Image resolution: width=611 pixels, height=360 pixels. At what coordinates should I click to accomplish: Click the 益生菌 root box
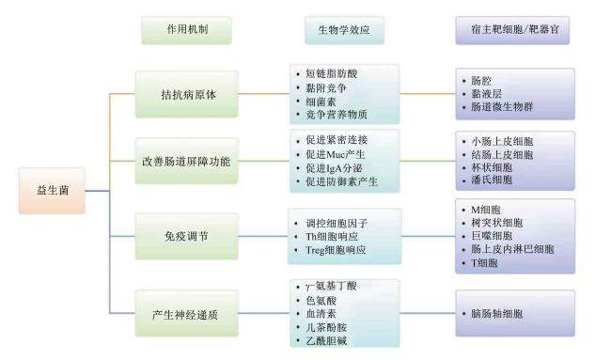[52, 191]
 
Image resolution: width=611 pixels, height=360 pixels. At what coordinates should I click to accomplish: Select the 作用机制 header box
[187, 30]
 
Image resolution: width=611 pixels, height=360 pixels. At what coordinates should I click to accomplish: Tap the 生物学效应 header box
[344, 30]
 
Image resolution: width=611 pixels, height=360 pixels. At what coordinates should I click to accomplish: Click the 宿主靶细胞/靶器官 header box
[512, 30]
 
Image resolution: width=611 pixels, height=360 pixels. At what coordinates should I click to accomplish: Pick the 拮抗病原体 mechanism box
[187, 94]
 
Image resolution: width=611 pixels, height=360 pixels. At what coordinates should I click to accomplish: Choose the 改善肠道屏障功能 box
[187, 161]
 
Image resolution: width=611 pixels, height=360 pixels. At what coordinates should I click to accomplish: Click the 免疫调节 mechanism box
[187, 236]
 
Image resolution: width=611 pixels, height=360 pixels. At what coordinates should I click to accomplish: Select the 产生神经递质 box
[187, 314]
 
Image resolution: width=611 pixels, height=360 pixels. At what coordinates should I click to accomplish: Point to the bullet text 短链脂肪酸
[331, 73]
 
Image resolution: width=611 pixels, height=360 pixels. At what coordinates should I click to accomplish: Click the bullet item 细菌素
[321, 102]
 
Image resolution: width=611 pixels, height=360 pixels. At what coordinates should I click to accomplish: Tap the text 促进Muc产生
[336, 154]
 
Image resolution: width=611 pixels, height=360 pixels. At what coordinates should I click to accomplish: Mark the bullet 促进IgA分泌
[334, 168]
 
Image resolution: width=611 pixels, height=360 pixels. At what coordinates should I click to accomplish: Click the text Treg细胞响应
[336, 250]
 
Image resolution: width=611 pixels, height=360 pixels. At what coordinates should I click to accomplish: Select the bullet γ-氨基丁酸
[331, 286]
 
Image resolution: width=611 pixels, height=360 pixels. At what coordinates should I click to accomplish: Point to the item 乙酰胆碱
[326, 341]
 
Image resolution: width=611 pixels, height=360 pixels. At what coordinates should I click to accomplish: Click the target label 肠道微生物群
[502, 107]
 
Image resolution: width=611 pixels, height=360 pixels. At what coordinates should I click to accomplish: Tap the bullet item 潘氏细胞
[492, 180]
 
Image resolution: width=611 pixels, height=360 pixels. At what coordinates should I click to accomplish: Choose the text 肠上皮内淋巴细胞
[512, 249]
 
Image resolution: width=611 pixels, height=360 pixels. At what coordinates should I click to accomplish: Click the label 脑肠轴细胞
[497, 314]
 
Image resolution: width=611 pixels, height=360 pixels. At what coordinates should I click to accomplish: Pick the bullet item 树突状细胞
[497, 223]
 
